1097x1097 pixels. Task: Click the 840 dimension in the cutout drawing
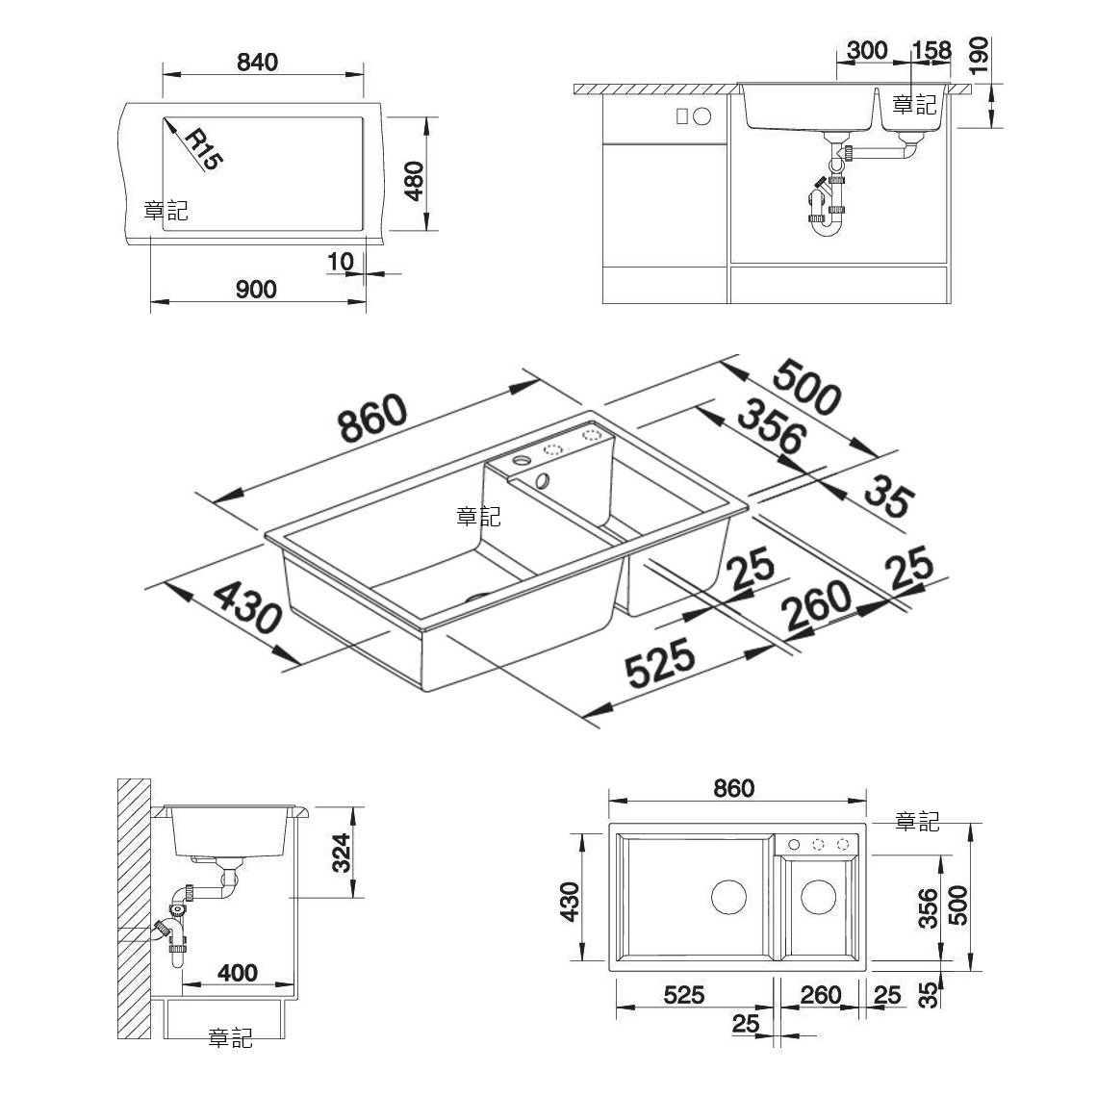click(258, 63)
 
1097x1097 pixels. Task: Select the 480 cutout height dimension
click(415, 181)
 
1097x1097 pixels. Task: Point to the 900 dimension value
click(256, 289)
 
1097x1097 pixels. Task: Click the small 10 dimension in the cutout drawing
click(341, 262)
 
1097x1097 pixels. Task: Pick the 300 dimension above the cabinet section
click(867, 50)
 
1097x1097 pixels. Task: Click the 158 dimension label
click(931, 50)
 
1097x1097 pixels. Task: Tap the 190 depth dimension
click(980, 55)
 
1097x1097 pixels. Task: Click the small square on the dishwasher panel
click(682, 116)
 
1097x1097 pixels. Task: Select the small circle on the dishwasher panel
click(702, 116)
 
